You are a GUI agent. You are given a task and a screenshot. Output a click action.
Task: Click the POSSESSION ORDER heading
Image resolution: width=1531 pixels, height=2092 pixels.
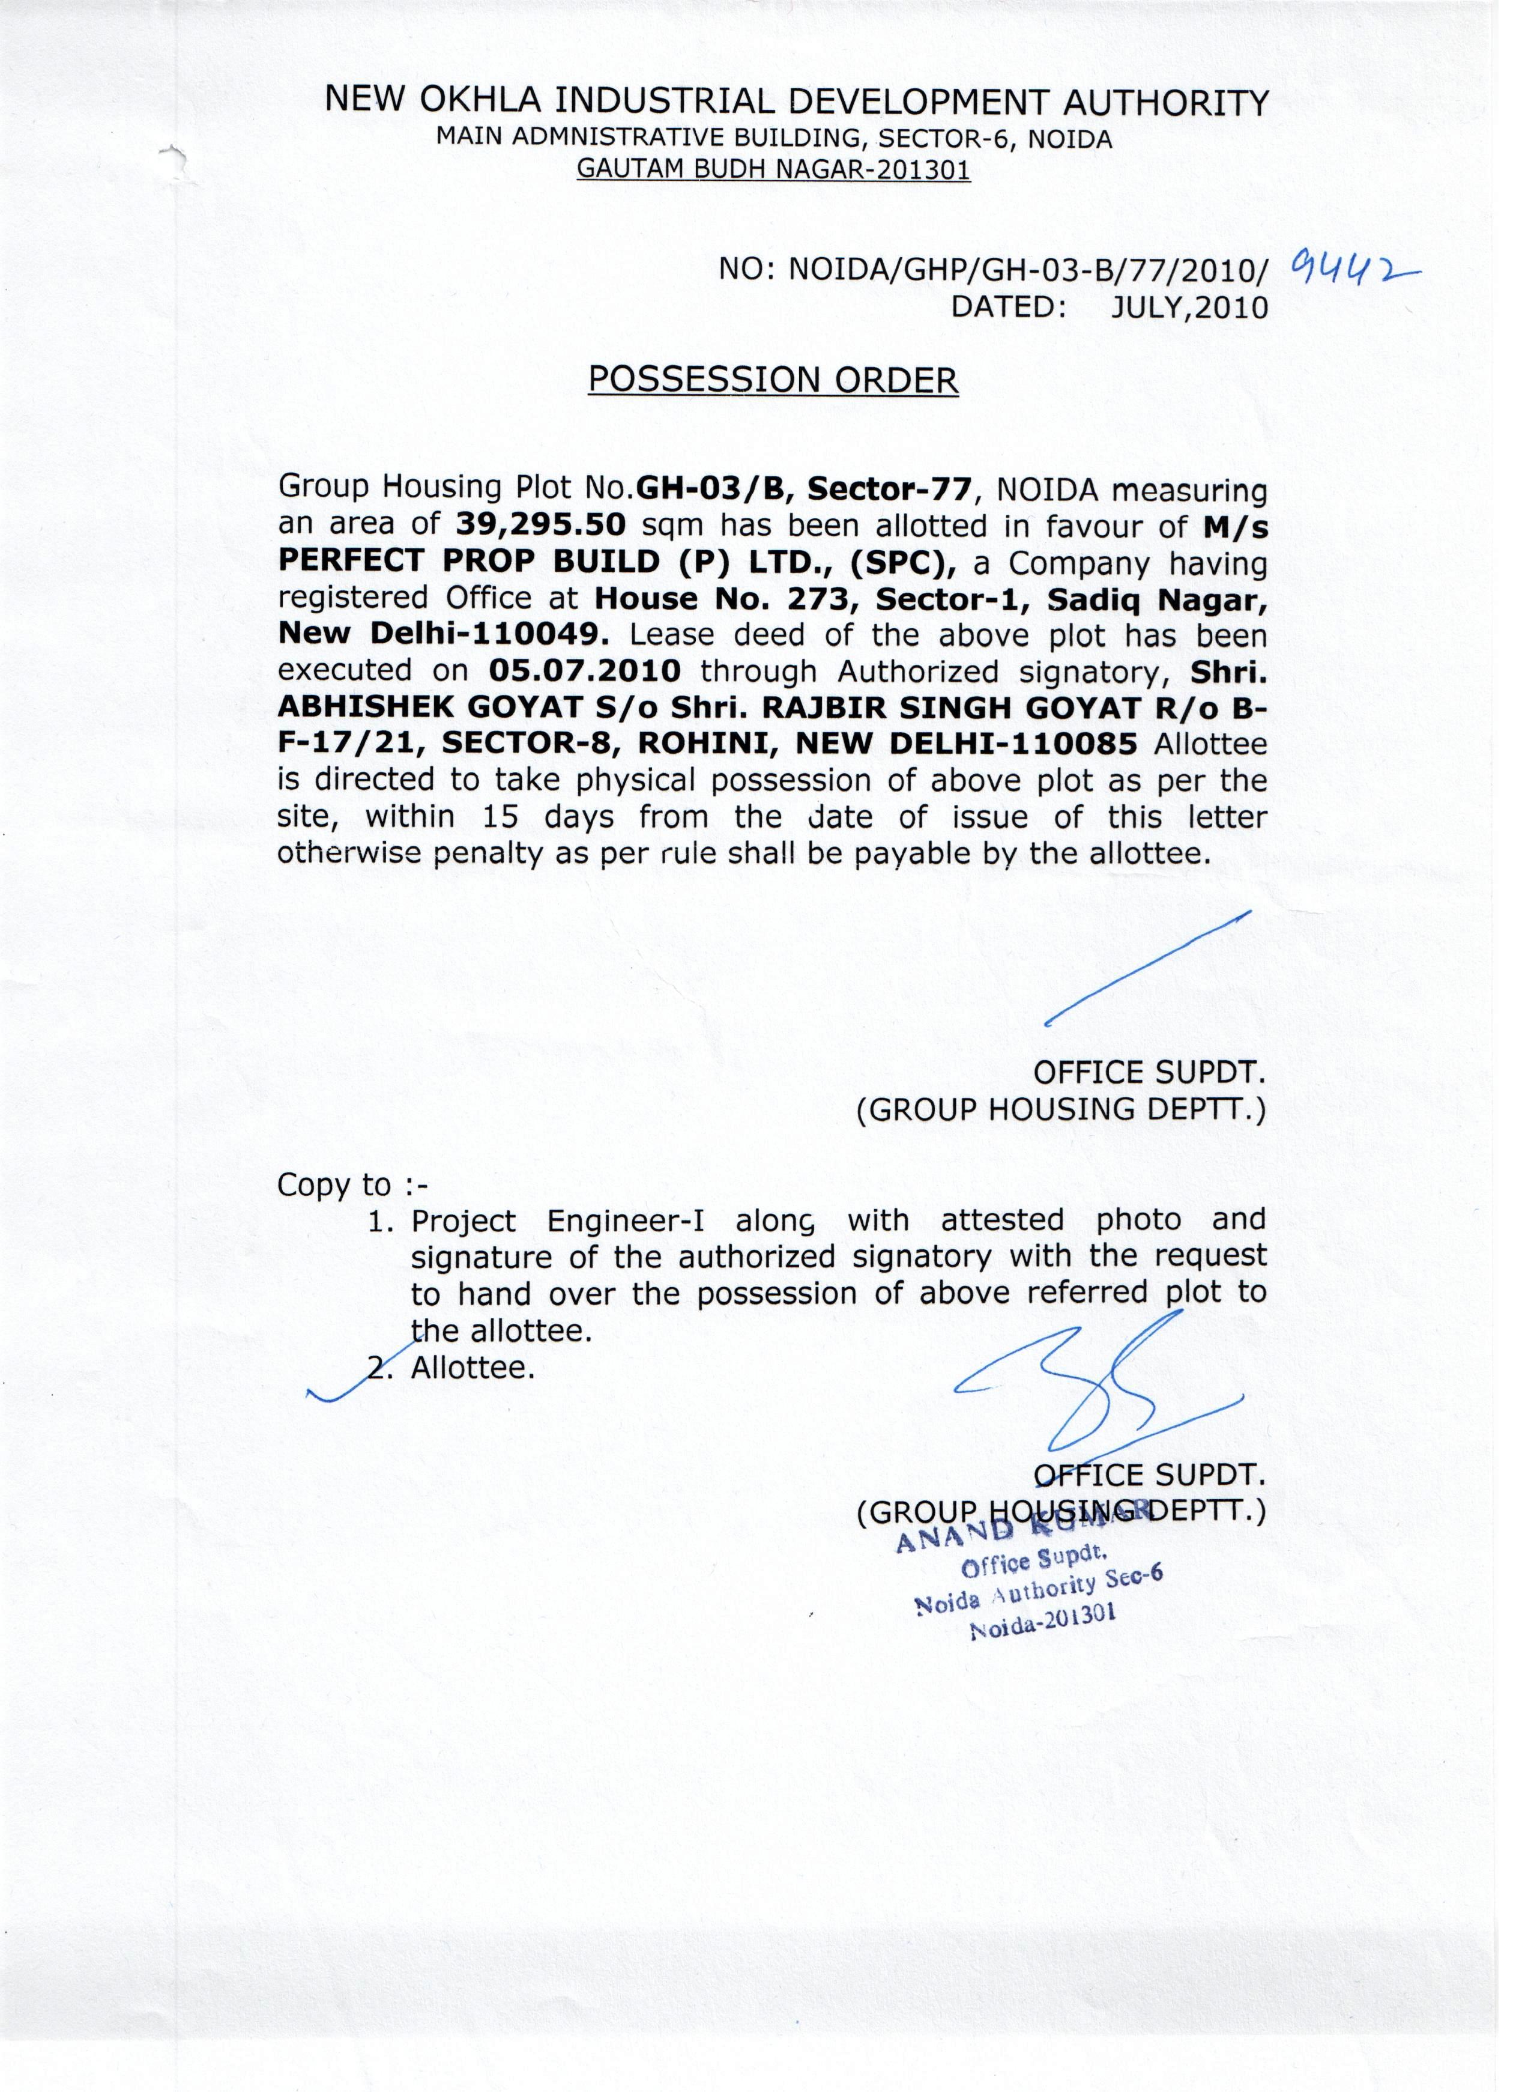tap(773, 380)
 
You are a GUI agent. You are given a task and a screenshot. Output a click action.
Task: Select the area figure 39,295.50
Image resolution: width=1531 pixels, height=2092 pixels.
tap(542, 526)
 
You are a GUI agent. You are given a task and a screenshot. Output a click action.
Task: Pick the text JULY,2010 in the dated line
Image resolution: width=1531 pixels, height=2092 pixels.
tap(1189, 307)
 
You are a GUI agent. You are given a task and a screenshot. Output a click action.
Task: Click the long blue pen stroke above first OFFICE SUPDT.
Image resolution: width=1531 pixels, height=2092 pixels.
tap(1147, 967)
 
